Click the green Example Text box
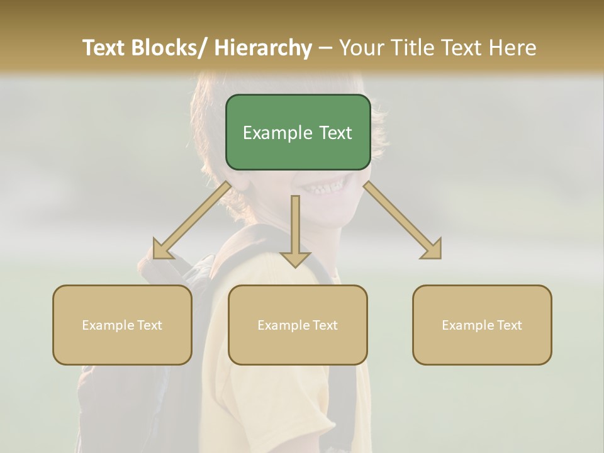(298, 132)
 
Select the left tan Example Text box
(122, 325)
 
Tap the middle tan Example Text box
(298, 325)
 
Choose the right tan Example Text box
(482, 325)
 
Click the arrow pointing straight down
(295, 230)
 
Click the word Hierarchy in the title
(263, 48)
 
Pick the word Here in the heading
(512, 48)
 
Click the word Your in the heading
(361, 48)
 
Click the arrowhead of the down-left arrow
(160, 250)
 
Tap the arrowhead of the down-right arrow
(433, 250)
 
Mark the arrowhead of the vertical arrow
(295, 259)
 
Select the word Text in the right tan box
(508, 325)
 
